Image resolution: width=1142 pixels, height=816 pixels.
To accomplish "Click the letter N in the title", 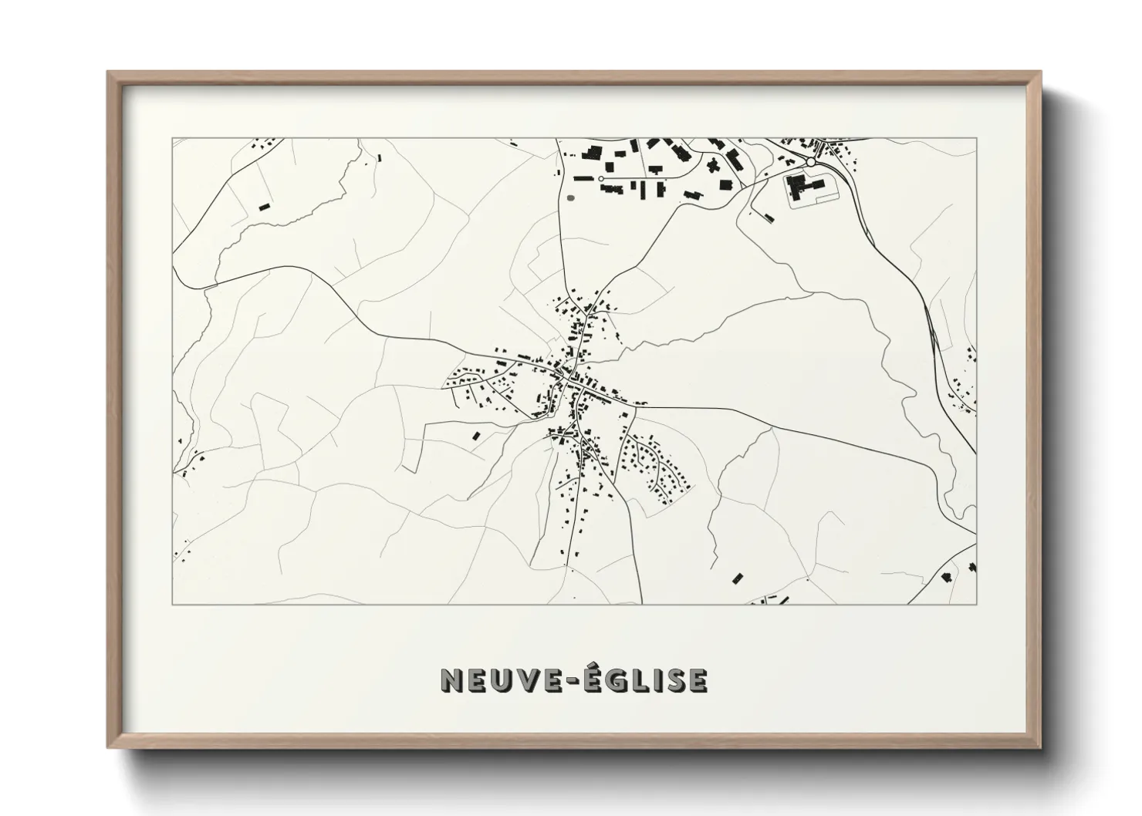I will pyautogui.click(x=451, y=680).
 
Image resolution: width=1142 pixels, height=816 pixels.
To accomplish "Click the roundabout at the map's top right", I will pyautogui.click(x=811, y=162).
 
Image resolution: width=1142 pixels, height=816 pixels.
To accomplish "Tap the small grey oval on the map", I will pyautogui.click(x=571, y=197).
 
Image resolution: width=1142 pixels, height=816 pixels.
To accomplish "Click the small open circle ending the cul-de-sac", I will pyautogui.click(x=601, y=179).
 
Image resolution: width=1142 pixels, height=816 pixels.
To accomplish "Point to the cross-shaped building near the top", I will pyautogui.click(x=711, y=164).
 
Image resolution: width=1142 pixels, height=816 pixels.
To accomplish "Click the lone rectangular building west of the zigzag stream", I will pyautogui.click(x=264, y=206).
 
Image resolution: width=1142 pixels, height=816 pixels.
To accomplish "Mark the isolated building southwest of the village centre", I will pyautogui.click(x=476, y=437).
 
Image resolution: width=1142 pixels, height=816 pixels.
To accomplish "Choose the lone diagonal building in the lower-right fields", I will pyautogui.click(x=738, y=578).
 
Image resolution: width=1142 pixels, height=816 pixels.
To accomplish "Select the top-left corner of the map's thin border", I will pyautogui.click(x=172, y=139).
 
